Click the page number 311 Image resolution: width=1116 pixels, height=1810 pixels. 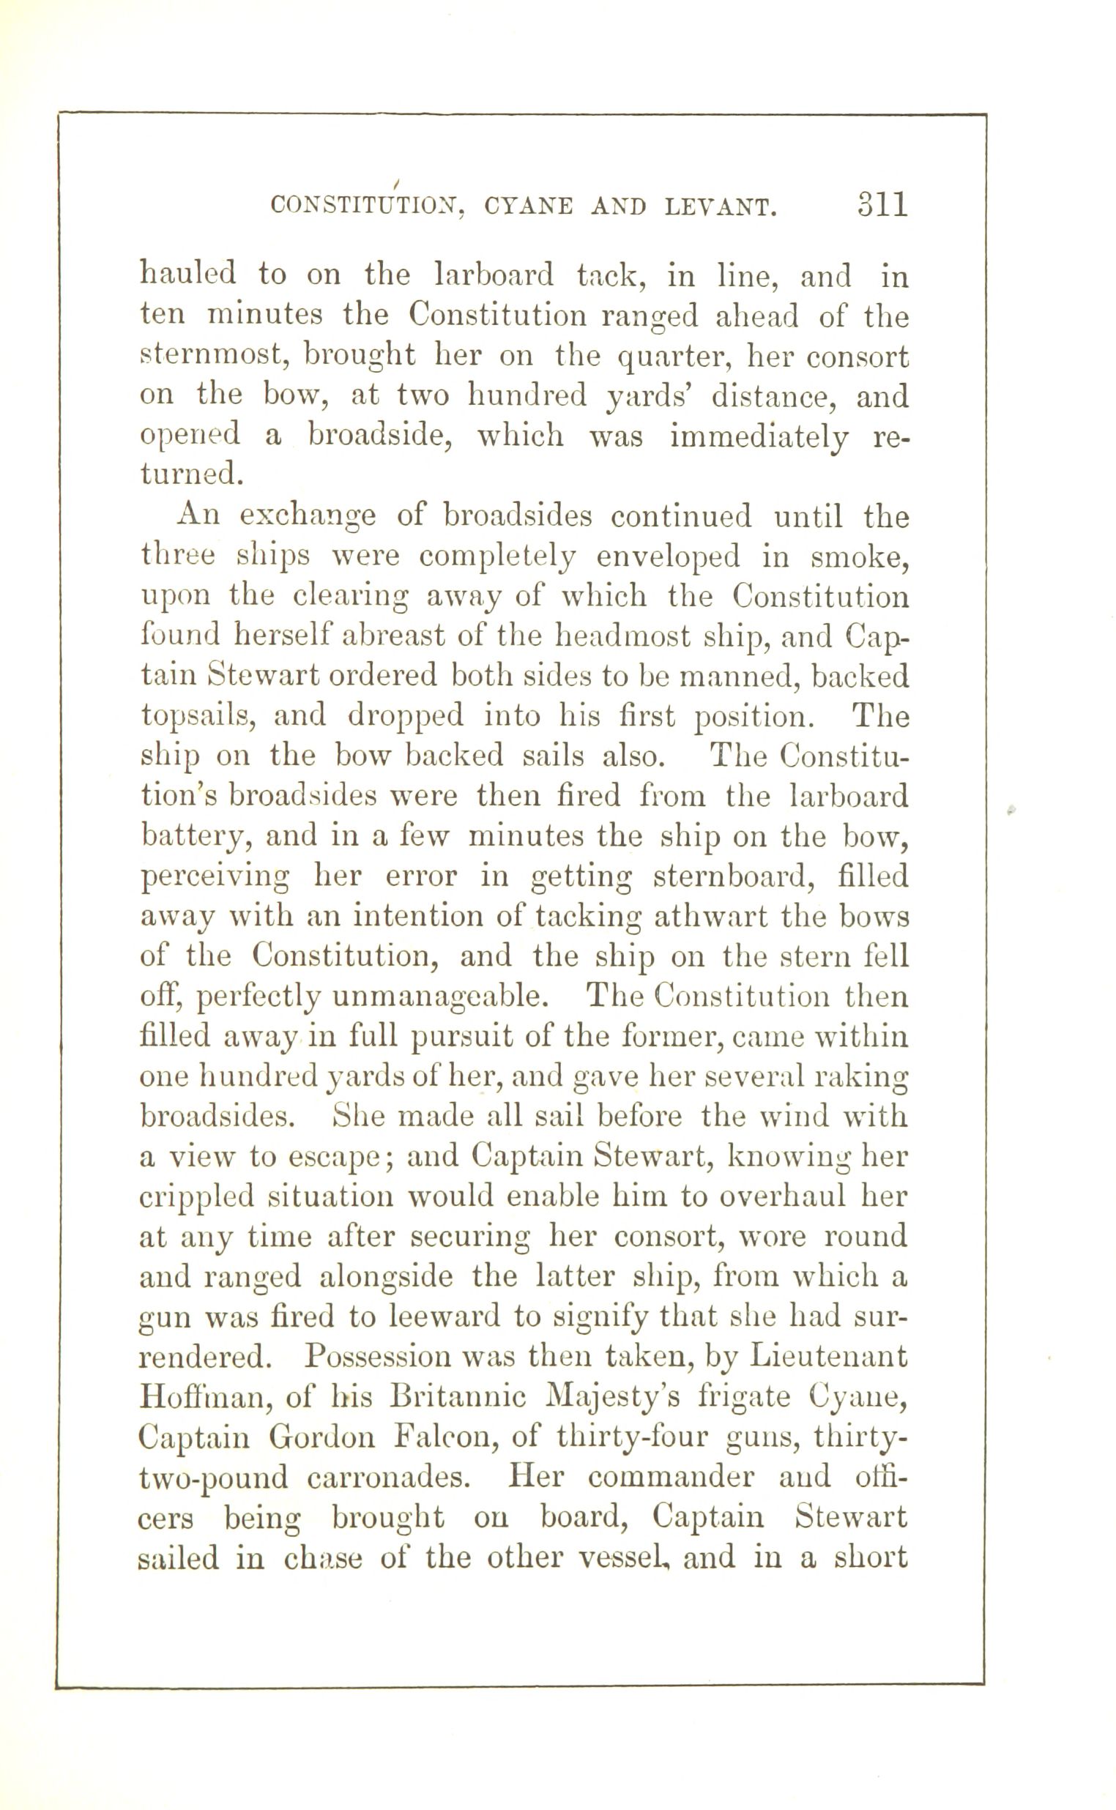coord(882,204)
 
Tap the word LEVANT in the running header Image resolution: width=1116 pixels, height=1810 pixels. coord(721,206)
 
